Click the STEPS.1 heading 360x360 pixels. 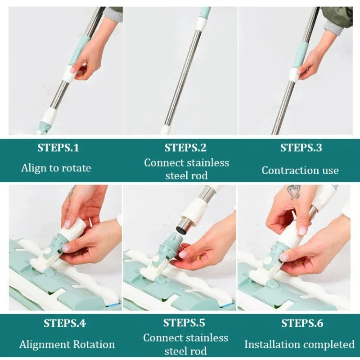tap(58, 148)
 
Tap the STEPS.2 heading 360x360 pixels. tap(185, 148)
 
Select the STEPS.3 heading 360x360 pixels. tap(301, 148)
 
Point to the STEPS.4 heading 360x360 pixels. tap(65, 323)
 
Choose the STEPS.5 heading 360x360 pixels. tap(184, 323)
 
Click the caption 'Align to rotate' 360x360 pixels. tap(56, 168)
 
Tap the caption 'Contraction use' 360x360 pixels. tap(300, 170)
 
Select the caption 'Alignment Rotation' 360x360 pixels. tap(67, 345)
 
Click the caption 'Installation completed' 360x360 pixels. tap(299, 345)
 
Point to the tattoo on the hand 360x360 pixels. tap(294, 192)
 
